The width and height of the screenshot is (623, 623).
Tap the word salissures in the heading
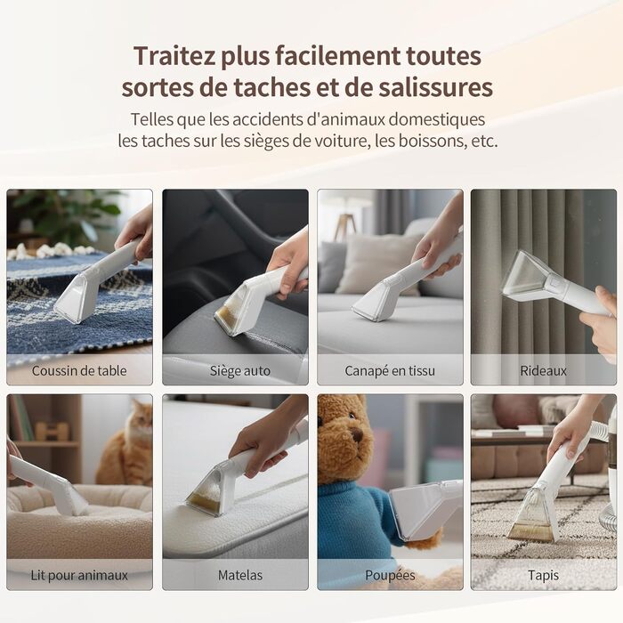point(435,87)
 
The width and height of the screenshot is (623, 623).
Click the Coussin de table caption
point(79,371)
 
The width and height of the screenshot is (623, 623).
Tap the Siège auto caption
point(240,371)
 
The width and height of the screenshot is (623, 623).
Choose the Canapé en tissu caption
point(390,371)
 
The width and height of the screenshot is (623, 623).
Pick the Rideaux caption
point(543,371)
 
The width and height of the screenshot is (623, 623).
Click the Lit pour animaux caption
point(79,575)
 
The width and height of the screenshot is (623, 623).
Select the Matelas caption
point(240,575)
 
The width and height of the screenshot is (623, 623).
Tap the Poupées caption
point(390,575)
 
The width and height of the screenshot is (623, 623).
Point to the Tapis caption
point(543,575)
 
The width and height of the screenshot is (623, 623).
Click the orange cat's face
point(141,422)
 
